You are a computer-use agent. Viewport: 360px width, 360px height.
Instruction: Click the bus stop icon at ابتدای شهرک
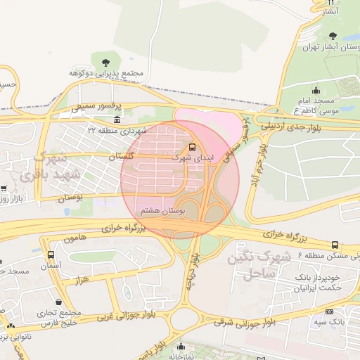(192, 147)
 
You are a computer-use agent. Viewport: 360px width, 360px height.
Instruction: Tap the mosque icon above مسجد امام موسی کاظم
(315, 90)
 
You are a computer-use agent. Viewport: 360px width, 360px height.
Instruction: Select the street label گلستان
(121, 155)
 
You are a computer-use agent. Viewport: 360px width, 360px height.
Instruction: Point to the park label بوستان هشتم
(162, 210)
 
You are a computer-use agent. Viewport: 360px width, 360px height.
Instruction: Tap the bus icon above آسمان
(50, 255)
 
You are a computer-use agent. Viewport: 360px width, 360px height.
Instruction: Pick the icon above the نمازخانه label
(181, 346)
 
